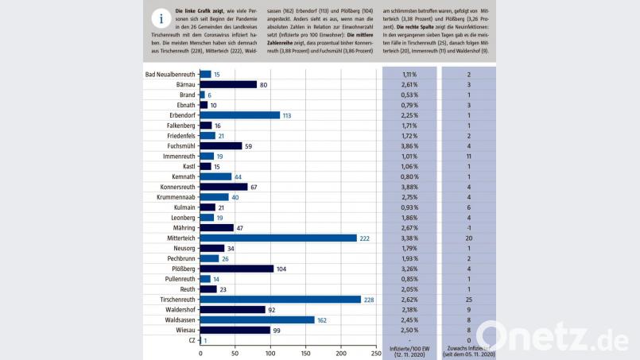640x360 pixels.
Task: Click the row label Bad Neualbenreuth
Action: pyautogui.click(x=170, y=74)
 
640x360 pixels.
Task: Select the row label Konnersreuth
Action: pyautogui.click(x=173, y=187)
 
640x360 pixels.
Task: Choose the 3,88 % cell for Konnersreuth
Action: pyautogui.click(x=409, y=187)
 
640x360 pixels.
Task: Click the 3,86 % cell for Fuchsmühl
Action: pyautogui.click(x=409, y=145)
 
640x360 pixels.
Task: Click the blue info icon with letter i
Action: pyautogui.click(x=163, y=19)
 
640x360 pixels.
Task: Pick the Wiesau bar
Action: pyautogui.click(x=235, y=330)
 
